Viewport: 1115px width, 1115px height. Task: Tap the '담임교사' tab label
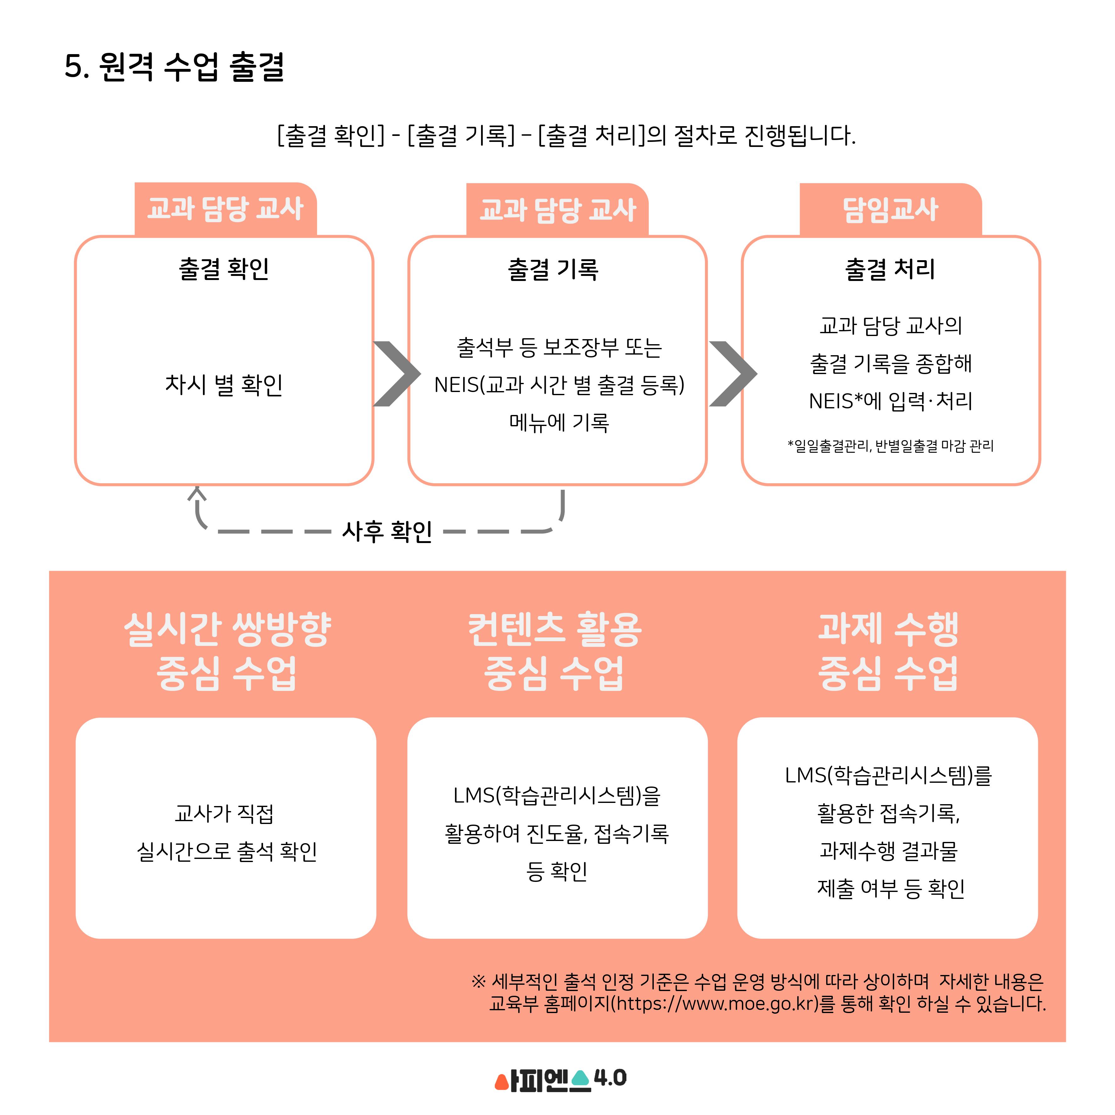[x=890, y=210]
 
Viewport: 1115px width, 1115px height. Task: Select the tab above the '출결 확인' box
[x=226, y=209]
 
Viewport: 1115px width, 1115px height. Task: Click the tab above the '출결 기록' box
[x=557, y=210]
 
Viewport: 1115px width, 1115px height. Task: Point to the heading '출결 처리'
[x=890, y=269]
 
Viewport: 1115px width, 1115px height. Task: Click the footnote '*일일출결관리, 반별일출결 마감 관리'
[x=890, y=446]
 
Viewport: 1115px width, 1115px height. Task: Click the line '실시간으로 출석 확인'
[x=227, y=851]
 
